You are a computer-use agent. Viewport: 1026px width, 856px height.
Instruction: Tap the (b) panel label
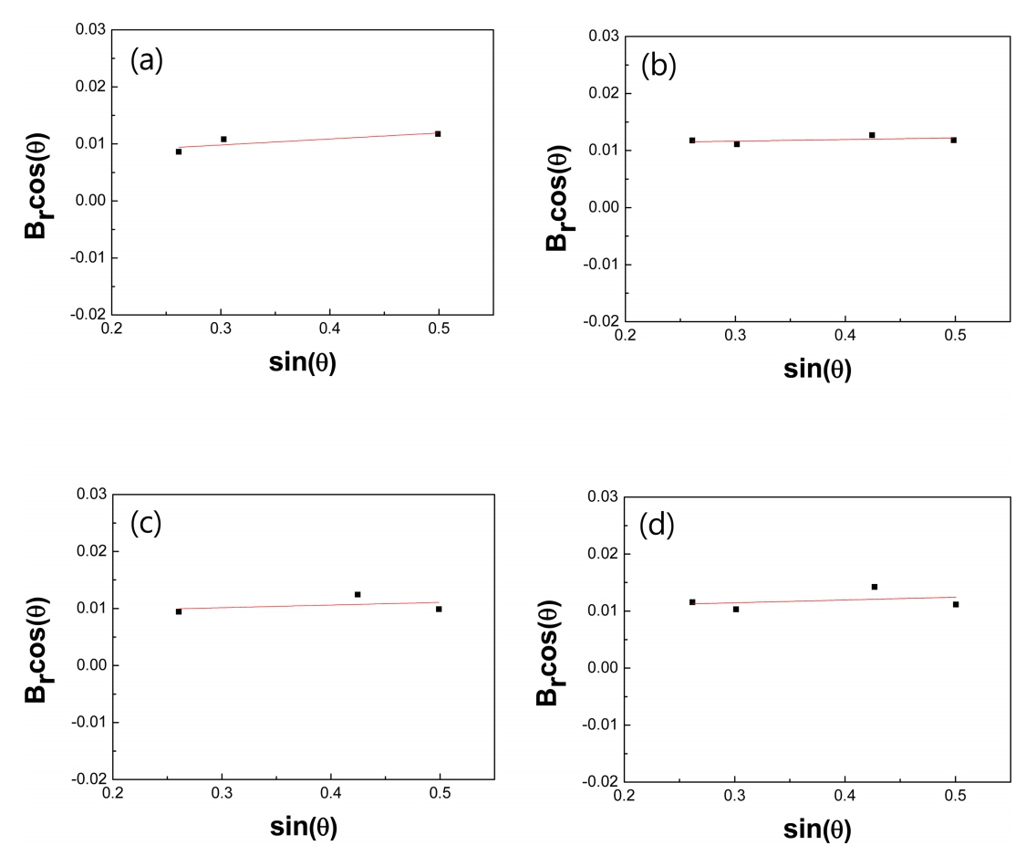[659, 66]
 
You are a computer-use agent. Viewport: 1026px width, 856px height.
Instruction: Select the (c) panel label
[146, 523]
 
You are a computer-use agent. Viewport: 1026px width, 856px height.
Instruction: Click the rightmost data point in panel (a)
[438, 134]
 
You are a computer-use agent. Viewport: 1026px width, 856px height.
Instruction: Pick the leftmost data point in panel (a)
[179, 151]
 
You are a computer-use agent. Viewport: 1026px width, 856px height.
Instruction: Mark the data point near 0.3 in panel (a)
[223, 140]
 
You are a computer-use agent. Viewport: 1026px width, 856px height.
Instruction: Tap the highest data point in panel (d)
[874, 587]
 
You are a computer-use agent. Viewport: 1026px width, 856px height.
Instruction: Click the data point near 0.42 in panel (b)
[872, 135]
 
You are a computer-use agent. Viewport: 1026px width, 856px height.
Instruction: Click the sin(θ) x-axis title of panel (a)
[305, 361]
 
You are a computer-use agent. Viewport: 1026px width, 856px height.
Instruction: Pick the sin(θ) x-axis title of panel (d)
[818, 829]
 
